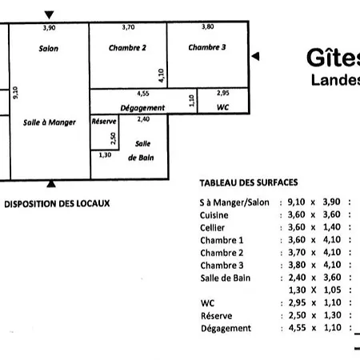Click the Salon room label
49,49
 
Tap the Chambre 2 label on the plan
127,48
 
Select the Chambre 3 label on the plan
207,47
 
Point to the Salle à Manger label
50,122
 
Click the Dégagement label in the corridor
142,108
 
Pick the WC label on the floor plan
223,107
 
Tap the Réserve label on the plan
104,122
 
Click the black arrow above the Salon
49,15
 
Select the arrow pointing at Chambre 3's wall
255,56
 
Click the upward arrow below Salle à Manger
51,183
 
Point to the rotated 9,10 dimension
15,93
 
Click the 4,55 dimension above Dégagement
143,94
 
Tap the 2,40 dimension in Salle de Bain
143,119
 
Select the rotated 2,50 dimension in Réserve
114,138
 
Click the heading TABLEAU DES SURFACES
249,182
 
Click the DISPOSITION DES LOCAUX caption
57,204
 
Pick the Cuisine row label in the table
214,215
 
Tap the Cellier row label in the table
212,227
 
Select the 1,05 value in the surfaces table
332,290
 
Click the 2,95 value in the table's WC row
297,302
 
